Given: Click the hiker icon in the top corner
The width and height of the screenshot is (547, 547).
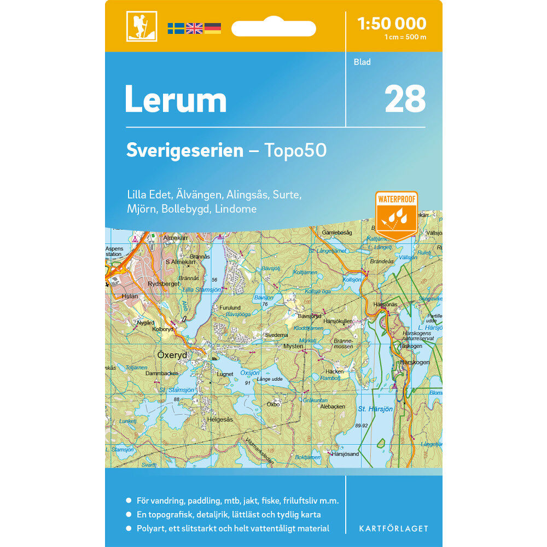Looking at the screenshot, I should tap(142, 26).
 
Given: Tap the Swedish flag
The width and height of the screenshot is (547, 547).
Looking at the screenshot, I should tap(176, 28).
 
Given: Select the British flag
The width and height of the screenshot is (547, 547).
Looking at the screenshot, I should tap(194, 28).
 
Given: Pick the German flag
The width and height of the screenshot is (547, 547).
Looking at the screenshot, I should tap(213, 28).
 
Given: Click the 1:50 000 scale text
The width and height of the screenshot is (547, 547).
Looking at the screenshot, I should tap(391, 24).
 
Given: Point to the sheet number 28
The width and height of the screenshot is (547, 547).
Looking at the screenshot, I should tap(405, 99).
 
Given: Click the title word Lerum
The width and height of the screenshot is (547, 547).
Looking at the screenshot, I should tap(176, 100).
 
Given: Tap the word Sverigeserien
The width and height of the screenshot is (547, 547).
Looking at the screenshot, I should tap(185, 150).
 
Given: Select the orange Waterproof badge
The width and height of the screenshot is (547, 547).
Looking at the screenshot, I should tap(397, 214).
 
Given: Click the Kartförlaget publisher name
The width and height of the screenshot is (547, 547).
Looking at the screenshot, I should tap(393, 528).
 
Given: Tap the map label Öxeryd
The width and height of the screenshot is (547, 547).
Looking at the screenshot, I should tap(172, 355).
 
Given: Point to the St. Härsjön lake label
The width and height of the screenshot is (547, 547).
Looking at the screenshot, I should tap(375, 409).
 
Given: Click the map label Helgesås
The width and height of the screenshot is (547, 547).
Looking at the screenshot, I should tap(220, 420).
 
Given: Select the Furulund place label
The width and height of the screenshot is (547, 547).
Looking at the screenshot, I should tap(229, 308).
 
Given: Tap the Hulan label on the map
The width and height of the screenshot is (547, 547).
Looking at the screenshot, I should tap(130, 296).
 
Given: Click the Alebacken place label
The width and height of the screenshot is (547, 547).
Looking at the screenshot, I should tap(333, 406).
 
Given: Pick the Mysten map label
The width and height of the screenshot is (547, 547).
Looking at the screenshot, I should tap(293, 346).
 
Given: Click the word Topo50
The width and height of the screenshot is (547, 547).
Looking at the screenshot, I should tap(296, 150).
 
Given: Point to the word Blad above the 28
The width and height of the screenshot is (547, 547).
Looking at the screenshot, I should tap(362, 62).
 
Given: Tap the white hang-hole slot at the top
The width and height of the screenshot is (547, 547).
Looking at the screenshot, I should tap(273, 28).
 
